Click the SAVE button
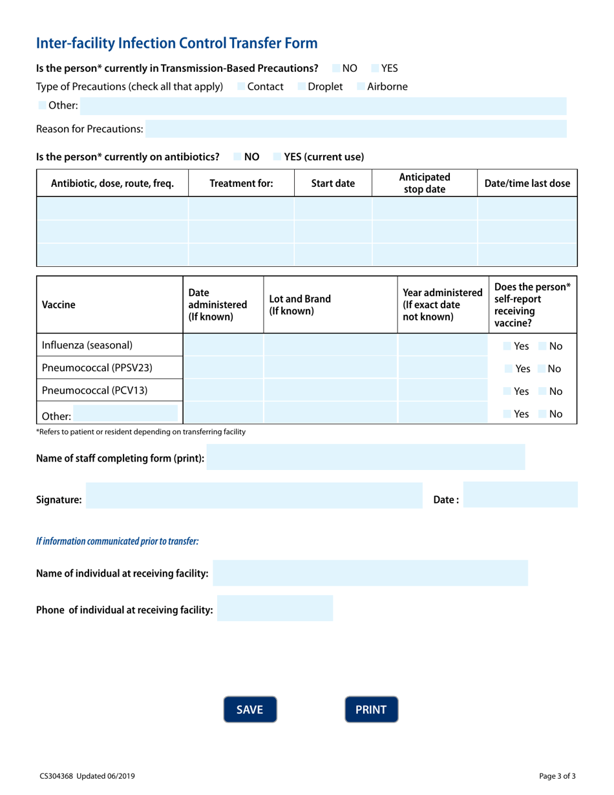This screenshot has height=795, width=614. click(249, 710)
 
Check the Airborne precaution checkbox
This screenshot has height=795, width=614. click(361, 86)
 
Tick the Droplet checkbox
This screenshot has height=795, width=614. click(302, 86)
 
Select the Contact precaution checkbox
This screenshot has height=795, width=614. click(241, 86)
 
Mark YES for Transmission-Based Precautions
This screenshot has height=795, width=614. click(375, 67)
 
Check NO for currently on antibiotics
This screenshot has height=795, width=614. click(237, 156)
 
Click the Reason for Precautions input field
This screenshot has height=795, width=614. click(355, 129)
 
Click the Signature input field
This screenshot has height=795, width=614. click(253, 495)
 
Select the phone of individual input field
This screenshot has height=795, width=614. click(275, 609)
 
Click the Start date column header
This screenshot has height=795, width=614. click(333, 184)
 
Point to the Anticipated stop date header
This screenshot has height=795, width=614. click(425, 184)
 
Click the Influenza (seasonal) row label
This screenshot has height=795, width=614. click(87, 345)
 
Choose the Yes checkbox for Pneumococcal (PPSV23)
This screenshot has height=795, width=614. click(509, 369)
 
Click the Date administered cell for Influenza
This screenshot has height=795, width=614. click(224, 346)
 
